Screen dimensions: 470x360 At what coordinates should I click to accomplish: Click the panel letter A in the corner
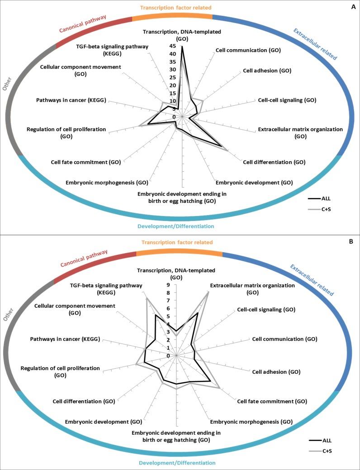tap(351, 6)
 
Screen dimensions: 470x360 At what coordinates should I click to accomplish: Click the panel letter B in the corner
tap(351, 242)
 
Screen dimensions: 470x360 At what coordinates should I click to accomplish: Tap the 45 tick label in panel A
tap(173, 46)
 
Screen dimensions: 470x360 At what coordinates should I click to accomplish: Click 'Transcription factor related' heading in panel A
tap(175, 8)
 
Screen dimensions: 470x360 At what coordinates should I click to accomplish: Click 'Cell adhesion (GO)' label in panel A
tap(266, 70)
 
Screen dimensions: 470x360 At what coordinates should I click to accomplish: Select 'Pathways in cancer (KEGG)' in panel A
tap(71, 100)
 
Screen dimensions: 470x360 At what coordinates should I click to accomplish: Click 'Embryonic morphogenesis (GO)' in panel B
tap(251, 422)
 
